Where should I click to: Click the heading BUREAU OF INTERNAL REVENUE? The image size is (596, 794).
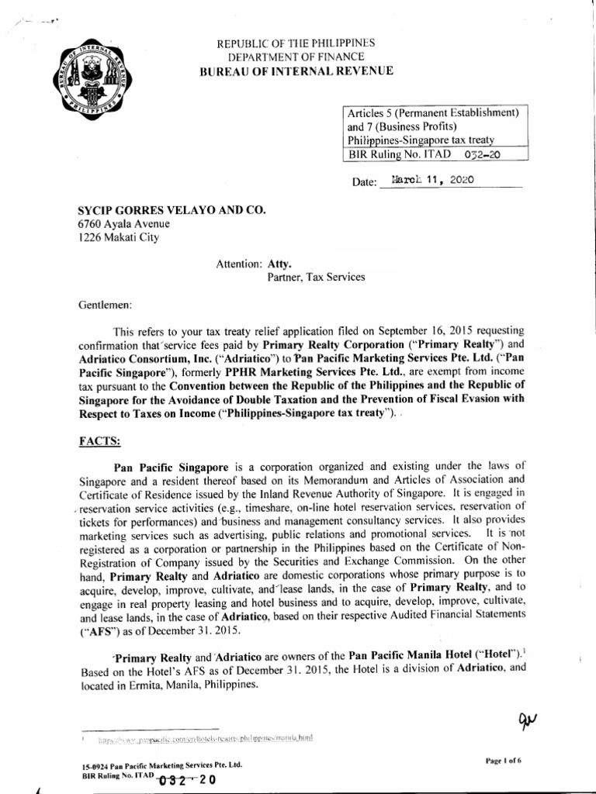click(297, 71)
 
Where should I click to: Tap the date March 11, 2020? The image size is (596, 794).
click(434, 179)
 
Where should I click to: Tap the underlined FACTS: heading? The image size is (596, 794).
click(99, 440)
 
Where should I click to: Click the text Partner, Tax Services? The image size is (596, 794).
click(317, 275)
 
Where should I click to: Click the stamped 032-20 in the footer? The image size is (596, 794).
click(187, 781)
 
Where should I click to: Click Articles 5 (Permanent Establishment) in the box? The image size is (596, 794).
click(433, 112)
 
